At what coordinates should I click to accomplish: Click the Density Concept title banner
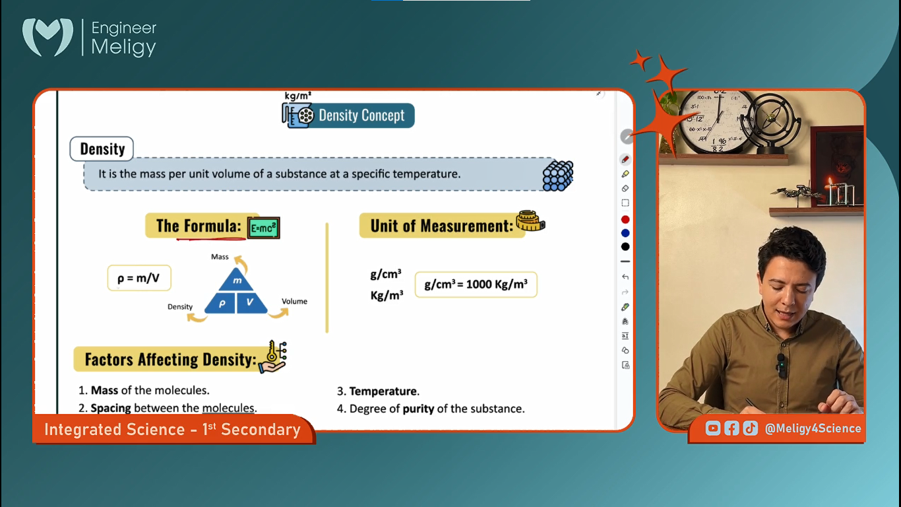(348, 116)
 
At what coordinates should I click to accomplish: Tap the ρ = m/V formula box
(139, 278)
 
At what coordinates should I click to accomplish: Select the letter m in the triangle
(237, 281)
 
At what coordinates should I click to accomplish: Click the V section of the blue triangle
(251, 303)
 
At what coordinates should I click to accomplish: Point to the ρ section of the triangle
(221, 303)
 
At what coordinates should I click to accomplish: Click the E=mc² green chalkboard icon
(263, 228)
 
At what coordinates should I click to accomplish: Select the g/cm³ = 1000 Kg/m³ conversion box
(476, 285)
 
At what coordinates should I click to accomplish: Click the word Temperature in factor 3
(383, 391)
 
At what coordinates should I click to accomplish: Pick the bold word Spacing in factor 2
(111, 409)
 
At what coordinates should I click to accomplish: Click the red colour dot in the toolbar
(625, 219)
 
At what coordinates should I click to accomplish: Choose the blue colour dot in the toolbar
(625, 233)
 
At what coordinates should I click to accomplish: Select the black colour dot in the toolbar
(625, 247)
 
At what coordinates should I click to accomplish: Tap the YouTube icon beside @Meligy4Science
(713, 428)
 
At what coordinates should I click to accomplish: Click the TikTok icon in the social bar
(750, 428)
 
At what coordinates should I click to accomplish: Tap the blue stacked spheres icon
(558, 176)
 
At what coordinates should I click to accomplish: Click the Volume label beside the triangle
(294, 301)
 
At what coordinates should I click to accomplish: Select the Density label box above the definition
(102, 149)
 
